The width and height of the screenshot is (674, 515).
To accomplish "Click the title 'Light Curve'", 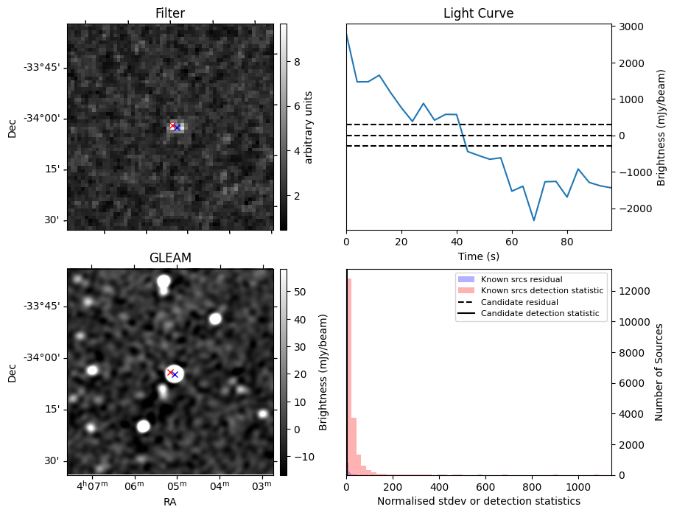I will click(x=478, y=13).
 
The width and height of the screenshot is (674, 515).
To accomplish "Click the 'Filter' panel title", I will click(x=169, y=13).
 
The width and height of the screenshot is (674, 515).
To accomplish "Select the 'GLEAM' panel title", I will click(x=169, y=258).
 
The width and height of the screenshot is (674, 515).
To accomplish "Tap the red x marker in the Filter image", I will click(x=172, y=126).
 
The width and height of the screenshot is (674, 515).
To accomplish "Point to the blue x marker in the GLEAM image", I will click(x=175, y=374).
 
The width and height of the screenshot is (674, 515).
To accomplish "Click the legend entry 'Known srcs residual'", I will click(x=521, y=279).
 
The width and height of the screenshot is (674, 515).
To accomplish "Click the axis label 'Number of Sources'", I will click(x=659, y=371).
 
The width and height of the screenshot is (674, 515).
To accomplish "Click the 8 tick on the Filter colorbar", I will click(x=297, y=62).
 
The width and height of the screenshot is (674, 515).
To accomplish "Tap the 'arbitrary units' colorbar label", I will click(x=309, y=127).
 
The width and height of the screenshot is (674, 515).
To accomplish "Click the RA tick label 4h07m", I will click(x=91, y=487).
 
